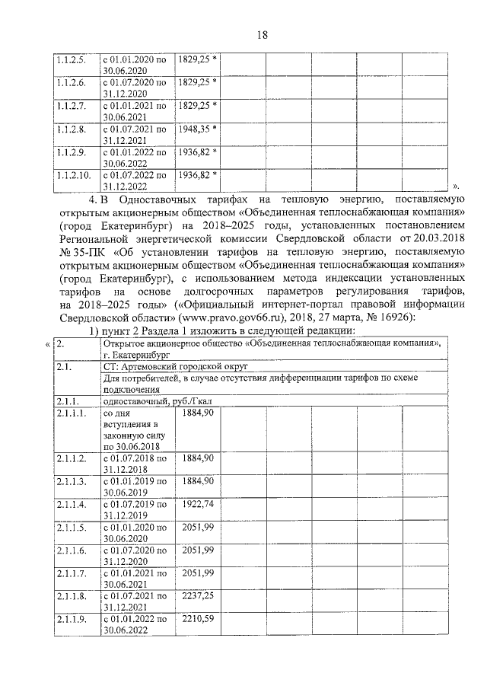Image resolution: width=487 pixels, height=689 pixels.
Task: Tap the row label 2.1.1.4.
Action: (x=68, y=505)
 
